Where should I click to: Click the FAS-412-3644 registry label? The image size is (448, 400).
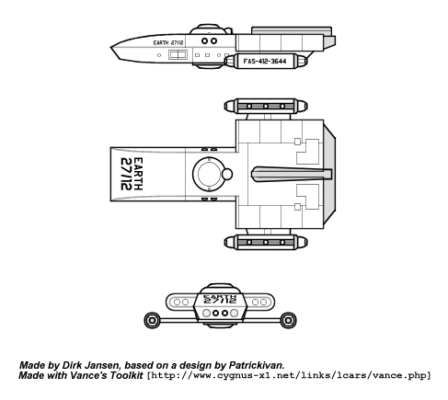click(x=265, y=62)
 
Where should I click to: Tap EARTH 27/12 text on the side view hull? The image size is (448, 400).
click(x=168, y=42)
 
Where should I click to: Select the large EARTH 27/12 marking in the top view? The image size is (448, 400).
click(x=132, y=174)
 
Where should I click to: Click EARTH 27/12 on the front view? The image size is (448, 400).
click(x=220, y=299)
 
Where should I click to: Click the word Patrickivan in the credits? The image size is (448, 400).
click(x=256, y=365)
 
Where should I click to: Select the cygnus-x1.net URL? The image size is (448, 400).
click(x=289, y=375)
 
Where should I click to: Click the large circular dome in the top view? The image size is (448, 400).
click(x=209, y=174)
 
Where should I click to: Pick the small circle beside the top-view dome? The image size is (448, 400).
click(x=227, y=174)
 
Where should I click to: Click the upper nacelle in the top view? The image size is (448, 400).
click(x=266, y=106)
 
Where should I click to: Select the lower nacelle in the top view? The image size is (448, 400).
click(x=266, y=243)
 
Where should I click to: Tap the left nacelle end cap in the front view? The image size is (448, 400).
click(x=152, y=321)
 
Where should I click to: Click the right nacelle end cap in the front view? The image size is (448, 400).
click(x=288, y=321)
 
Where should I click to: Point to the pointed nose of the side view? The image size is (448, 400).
click(x=111, y=48)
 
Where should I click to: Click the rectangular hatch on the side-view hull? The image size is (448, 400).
click(x=178, y=55)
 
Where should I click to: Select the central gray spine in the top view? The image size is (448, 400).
click(x=292, y=174)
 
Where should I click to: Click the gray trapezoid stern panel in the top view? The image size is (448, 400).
click(x=329, y=174)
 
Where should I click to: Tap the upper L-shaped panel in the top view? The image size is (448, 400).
click(x=308, y=152)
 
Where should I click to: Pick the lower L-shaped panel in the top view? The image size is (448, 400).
click(x=308, y=197)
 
